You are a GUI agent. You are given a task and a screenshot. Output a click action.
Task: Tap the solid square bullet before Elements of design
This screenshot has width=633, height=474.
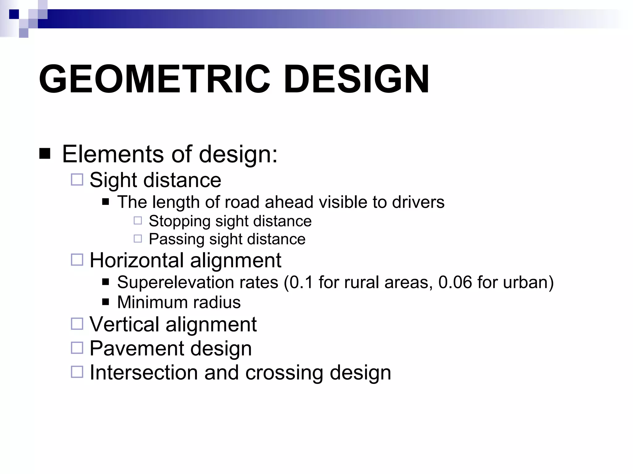45,153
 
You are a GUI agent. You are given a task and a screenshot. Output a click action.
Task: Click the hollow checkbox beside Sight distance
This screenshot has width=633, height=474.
77,180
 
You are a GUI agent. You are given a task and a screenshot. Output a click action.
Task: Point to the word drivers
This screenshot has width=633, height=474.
418,202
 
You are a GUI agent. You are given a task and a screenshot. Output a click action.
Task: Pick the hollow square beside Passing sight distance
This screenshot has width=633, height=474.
138,239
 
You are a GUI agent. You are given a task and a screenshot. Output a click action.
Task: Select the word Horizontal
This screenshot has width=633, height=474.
137,260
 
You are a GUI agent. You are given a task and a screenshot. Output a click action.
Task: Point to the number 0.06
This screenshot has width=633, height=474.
455,282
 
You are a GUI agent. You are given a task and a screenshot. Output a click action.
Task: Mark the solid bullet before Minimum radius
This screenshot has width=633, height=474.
106,301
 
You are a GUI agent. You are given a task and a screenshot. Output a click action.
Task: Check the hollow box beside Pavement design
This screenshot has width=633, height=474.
77,348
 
